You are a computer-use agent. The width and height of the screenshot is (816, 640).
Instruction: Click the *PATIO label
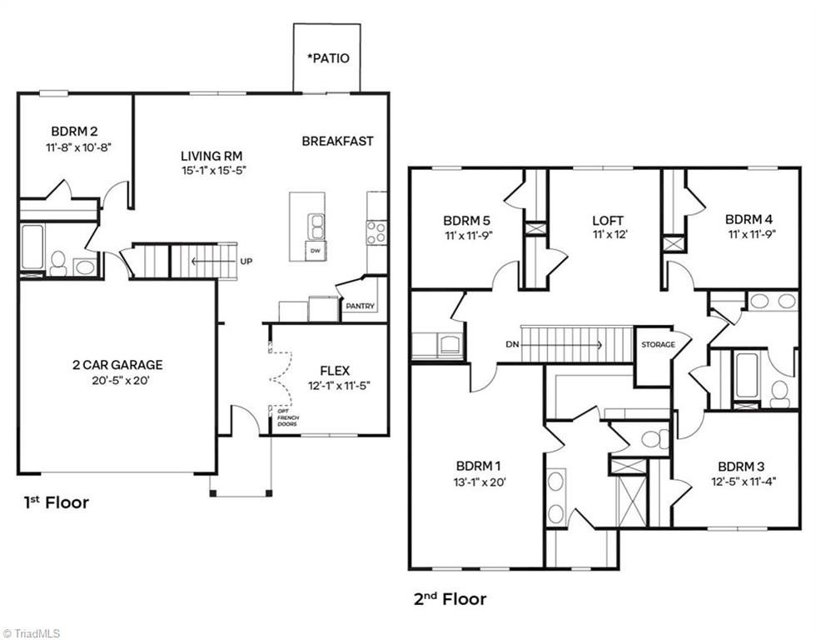pos(328,57)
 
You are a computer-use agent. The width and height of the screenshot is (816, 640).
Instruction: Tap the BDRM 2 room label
pos(74,131)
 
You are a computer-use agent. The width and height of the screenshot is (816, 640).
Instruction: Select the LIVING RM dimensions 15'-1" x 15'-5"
pos(213,170)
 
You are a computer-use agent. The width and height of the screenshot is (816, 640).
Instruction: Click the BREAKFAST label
pos(337,141)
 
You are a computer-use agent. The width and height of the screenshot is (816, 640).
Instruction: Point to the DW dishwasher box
pos(315,251)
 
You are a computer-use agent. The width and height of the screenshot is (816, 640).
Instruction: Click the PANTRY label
pos(360,306)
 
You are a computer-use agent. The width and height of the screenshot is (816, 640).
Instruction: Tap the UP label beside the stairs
pos(246,261)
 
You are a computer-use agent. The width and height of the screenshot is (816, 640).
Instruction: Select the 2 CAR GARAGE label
pos(117,364)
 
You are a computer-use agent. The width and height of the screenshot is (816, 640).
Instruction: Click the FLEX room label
pos(335,371)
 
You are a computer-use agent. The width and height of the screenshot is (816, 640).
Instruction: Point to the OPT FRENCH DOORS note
pos(287,417)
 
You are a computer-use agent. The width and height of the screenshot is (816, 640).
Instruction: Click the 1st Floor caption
pos(57,502)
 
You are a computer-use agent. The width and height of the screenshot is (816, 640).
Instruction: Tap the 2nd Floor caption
pos(450,599)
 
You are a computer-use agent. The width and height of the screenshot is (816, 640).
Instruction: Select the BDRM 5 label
pos(466,220)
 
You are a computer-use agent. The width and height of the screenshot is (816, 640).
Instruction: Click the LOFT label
pos(608,220)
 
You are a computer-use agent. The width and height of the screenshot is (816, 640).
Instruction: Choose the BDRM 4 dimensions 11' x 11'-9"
pos(752,234)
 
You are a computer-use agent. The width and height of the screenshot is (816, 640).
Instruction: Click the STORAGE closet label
pos(659,345)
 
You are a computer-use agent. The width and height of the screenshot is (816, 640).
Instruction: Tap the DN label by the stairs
pos(512,344)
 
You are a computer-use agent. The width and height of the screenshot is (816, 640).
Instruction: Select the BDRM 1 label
pos(479,466)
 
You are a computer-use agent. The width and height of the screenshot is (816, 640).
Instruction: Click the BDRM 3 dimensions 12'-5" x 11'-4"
pos(744,482)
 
